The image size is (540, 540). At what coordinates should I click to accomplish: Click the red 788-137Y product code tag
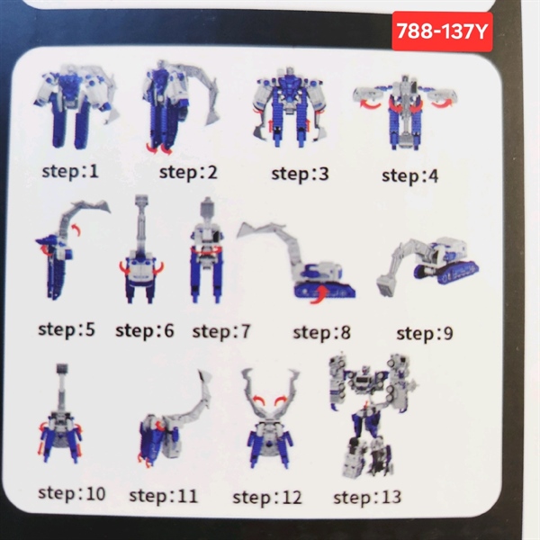point(442,31)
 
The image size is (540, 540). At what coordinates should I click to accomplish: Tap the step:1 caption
point(70,171)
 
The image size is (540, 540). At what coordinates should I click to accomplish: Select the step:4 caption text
point(409,175)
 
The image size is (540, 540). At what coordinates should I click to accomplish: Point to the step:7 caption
point(220,331)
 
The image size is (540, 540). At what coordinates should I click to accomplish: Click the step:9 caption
point(425,333)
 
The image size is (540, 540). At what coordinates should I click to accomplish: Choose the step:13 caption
point(367,498)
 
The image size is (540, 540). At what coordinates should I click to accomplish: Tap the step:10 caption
point(72,493)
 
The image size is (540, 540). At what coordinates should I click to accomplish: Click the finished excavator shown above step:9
point(427,265)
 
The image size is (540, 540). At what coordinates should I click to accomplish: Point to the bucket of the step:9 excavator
point(387,284)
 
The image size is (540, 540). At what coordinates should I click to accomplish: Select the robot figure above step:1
point(76,106)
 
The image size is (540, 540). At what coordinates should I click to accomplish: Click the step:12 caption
point(267,498)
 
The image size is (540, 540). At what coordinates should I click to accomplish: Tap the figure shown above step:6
point(141,248)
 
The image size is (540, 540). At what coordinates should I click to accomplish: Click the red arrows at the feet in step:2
point(158,148)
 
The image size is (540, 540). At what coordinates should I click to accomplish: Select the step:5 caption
point(67,329)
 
